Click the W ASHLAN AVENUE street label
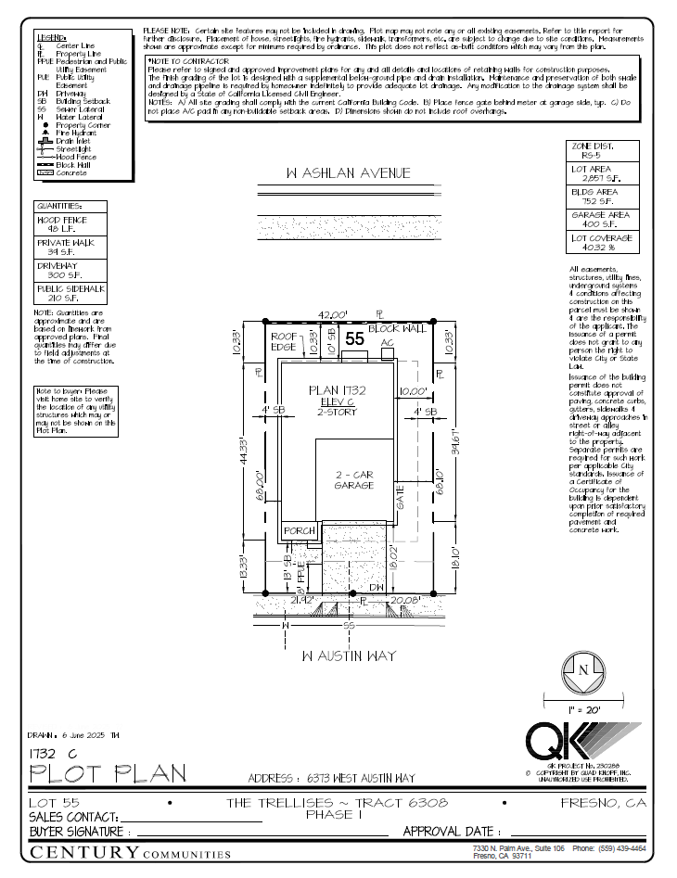click(348, 173)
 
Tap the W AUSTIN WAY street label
click(349, 655)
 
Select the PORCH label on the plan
click(300, 530)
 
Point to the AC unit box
click(388, 342)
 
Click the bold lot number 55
click(354, 339)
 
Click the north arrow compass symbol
click(582, 669)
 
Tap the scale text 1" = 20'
click(581, 708)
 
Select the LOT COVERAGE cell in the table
click(602, 243)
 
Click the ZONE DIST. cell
click(602, 151)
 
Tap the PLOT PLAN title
click(108, 772)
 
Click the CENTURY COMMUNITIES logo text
click(130, 852)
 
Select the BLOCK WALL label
click(397, 328)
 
